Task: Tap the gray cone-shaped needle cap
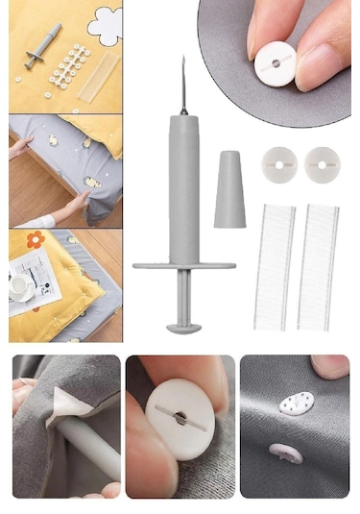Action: (x=230, y=188)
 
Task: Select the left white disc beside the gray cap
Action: (x=278, y=165)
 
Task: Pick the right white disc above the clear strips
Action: (x=322, y=165)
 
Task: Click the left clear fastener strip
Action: (x=275, y=265)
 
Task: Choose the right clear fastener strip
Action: (x=318, y=265)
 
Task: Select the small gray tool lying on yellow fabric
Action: (x=43, y=47)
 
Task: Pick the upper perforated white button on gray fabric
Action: (x=295, y=407)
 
